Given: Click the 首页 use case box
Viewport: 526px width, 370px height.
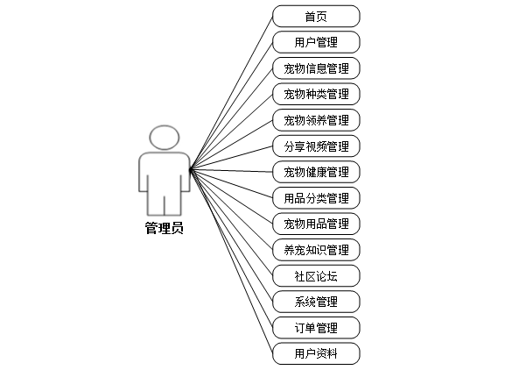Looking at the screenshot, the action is [x=316, y=16].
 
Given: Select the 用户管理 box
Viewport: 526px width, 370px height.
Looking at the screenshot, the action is [x=316, y=42].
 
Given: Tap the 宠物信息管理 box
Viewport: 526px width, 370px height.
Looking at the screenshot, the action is [x=316, y=68].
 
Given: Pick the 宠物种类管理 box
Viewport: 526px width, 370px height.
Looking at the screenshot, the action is [x=316, y=94].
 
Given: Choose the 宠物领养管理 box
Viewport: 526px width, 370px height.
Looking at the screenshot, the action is [x=316, y=120].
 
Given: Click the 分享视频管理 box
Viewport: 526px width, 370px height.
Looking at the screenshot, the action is [x=316, y=146].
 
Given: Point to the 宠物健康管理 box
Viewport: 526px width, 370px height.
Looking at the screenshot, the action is [x=316, y=172].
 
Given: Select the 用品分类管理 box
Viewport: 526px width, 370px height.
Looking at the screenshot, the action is [x=316, y=198].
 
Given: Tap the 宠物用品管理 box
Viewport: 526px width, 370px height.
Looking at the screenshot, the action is [x=316, y=224].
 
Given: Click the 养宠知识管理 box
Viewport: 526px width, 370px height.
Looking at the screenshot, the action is [x=316, y=250].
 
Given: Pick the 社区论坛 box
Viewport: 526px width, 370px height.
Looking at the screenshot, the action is [x=316, y=276].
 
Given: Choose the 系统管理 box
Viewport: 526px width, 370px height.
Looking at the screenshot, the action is [x=316, y=302].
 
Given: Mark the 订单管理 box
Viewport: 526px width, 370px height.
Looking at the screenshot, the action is [x=316, y=328].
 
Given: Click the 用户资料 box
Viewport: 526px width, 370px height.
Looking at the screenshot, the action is [x=316, y=354].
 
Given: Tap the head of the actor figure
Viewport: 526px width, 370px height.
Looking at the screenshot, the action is [x=164, y=138].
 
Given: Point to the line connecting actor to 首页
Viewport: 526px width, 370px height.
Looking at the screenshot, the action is [x=232, y=90].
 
